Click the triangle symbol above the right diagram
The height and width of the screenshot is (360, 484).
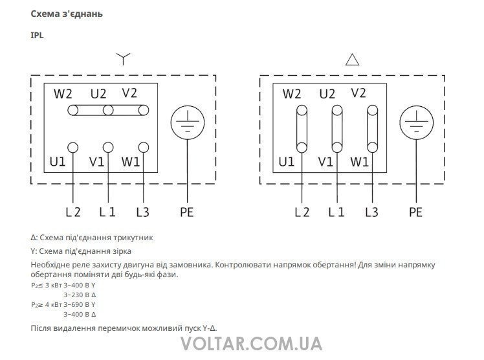tap(353, 60)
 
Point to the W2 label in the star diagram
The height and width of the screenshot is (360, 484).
tap(63, 94)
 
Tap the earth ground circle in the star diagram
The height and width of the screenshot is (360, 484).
tap(187, 122)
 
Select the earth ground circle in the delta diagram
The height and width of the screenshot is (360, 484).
tap(415, 122)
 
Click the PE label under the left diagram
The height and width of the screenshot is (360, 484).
tap(186, 212)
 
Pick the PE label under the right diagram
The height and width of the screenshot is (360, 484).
tap(415, 212)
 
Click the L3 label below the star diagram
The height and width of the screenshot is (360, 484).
tap(143, 212)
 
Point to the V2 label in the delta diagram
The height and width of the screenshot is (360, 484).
tap(358, 93)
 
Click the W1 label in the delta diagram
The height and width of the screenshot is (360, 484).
tap(360, 161)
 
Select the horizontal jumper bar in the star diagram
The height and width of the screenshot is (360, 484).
tap(109, 111)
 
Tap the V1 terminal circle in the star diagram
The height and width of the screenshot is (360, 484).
tap(108, 148)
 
